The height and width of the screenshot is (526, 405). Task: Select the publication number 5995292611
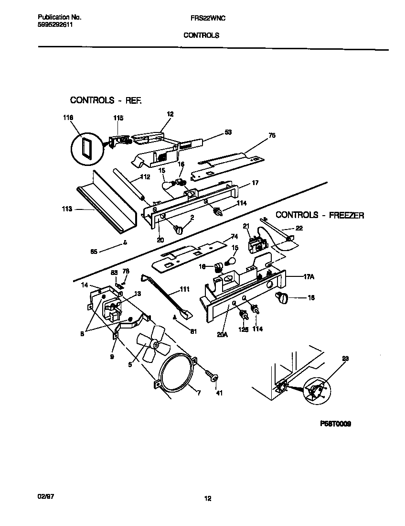coord(55,24)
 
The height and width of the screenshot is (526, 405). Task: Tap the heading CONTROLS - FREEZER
coord(320,215)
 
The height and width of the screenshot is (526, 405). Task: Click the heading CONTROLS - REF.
coord(106,100)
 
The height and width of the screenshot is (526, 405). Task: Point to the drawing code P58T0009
coord(332,424)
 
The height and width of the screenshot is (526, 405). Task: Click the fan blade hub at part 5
coord(154,343)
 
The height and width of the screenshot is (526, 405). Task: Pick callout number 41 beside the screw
coord(219,393)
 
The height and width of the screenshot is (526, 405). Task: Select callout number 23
coord(345,357)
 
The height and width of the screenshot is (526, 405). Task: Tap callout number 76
coord(272,136)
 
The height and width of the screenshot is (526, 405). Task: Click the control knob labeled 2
coord(180,230)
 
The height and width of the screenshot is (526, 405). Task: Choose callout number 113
coord(67,209)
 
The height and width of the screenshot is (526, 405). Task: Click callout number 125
coord(244,329)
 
